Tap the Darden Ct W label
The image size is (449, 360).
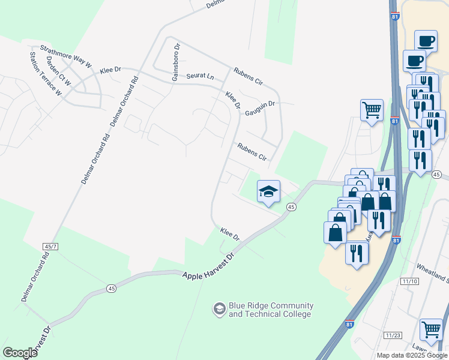click(x=59, y=70)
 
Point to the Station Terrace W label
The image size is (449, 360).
click(x=46, y=74)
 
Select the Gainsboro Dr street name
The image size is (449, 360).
click(x=176, y=62)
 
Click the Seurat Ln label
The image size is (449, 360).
click(x=200, y=77)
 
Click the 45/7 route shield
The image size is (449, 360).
click(x=50, y=246)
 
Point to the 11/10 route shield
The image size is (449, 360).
click(x=410, y=281)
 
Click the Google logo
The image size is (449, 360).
click(x=20, y=353)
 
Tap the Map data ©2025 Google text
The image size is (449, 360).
click(x=412, y=355)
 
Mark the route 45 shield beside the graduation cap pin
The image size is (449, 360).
click(x=291, y=207)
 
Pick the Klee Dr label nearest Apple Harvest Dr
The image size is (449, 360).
click(x=230, y=233)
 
